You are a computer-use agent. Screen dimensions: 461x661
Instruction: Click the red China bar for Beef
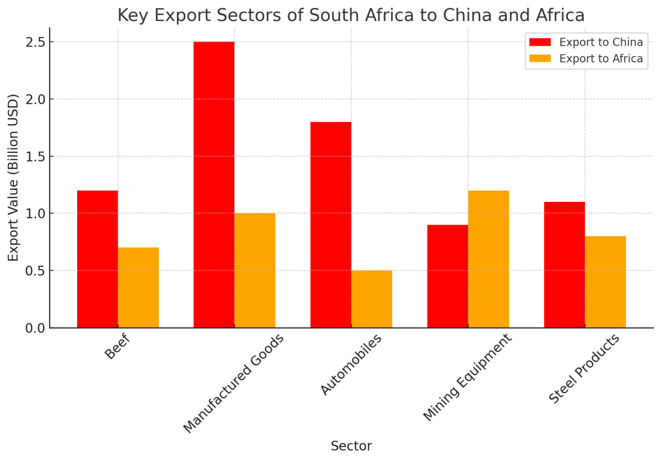(97, 259)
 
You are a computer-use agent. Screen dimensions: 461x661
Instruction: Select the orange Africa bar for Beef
(138, 288)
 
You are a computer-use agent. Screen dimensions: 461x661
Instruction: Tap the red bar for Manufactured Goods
(214, 185)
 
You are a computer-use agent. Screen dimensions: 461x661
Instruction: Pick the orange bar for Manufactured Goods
(255, 270)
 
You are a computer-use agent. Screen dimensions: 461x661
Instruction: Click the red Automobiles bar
(330, 225)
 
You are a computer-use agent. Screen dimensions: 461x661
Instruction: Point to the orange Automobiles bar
(372, 299)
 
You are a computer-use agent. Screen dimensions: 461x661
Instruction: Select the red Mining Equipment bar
(448, 276)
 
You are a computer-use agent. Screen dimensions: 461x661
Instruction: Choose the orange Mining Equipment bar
(489, 259)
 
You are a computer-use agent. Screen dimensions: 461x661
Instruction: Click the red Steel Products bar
(565, 265)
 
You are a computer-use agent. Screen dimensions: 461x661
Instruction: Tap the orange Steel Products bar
(605, 282)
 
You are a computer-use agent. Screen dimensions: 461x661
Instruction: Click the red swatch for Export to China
(540, 42)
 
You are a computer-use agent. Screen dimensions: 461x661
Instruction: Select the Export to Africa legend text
(601, 58)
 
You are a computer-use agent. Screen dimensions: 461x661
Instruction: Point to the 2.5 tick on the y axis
(36, 42)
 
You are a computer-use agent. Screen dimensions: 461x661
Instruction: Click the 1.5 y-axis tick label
(36, 157)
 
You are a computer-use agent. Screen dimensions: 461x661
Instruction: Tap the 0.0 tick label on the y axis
(36, 328)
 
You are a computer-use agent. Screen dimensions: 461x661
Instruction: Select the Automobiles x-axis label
(351, 364)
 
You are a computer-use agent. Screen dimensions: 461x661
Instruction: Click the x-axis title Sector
(351, 446)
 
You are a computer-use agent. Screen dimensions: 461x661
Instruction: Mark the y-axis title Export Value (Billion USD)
(14, 178)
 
